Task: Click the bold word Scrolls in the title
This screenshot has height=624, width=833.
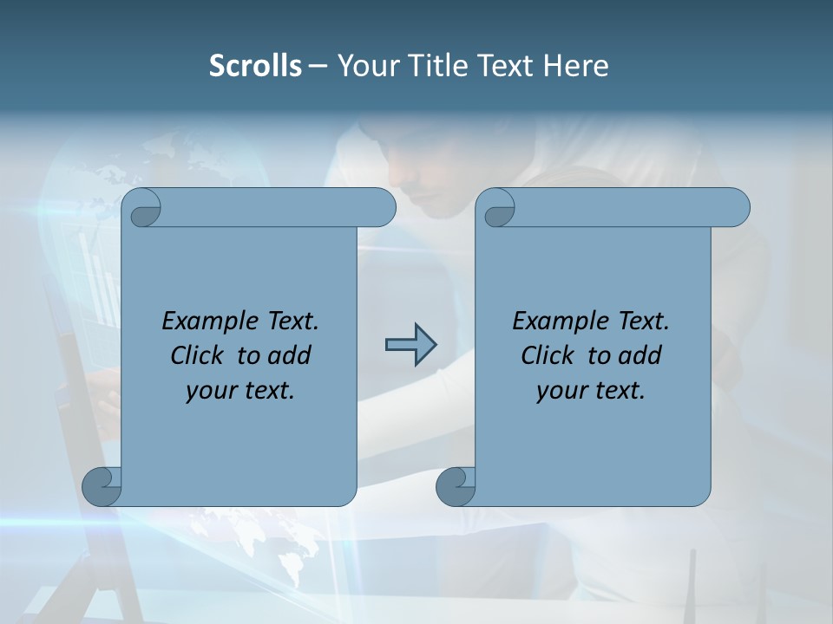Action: click(x=255, y=65)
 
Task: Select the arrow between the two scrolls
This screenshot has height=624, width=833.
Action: click(x=410, y=345)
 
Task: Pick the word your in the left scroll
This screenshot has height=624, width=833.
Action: click(x=210, y=391)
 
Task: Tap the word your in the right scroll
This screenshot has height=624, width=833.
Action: click(x=561, y=391)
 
